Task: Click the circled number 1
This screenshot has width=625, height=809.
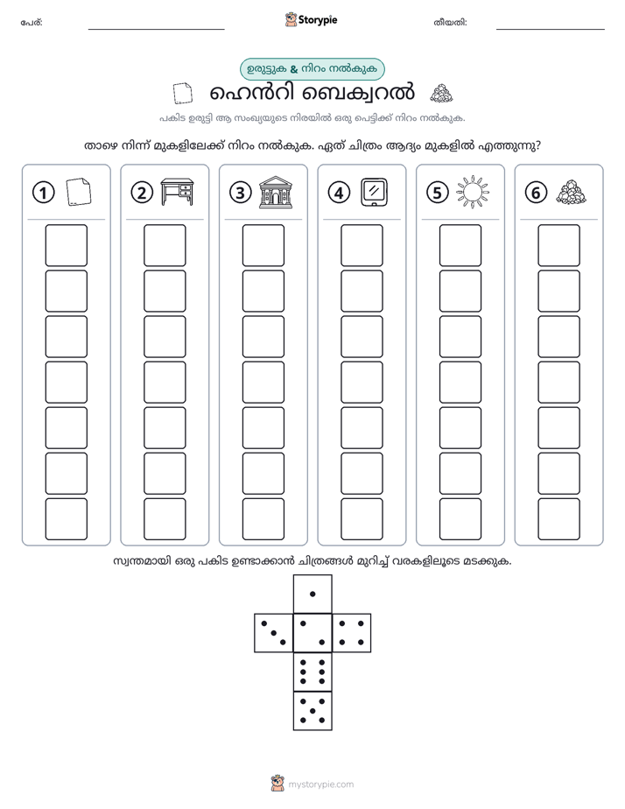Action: [43, 193]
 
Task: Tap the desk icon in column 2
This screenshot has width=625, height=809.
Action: [177, 192]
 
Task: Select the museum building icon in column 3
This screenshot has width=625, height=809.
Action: [276, 192]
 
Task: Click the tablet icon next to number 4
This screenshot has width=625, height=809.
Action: [375, 192]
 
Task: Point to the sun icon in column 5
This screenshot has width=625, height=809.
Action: [473, 192]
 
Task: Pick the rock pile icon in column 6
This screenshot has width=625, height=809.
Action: [572, 192]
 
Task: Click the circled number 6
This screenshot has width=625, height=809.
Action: [536, 193]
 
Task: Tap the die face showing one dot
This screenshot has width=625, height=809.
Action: [312, 594]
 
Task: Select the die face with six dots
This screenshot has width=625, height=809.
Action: [312, 672]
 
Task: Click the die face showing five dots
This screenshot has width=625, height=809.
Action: [312, 711]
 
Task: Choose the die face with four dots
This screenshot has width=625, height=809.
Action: [352, 633]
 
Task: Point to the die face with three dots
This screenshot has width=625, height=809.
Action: [274, 633]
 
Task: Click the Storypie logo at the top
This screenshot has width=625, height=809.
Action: [311, 19]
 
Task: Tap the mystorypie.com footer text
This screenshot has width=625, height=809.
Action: [320, 784]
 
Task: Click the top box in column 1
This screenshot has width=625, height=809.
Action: [66, 245]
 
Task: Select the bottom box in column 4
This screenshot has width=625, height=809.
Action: [362, 519]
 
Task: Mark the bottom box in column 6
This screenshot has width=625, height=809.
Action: [558, 519]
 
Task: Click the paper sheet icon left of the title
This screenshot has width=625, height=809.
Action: [183, 94]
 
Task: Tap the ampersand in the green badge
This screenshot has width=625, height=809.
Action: [294, 69]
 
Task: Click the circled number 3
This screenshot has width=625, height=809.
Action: [241, 193]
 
